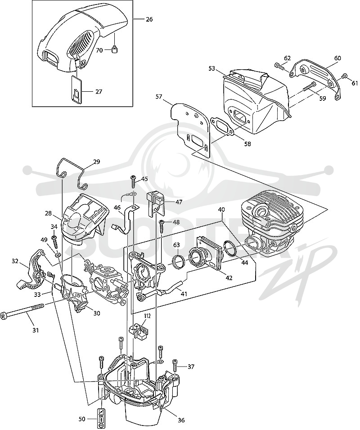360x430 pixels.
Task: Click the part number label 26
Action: coord(149,19)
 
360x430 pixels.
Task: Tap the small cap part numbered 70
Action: coord(115,49)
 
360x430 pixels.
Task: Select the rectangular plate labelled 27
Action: coord(77,90)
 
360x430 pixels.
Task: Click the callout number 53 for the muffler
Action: coord(211,68)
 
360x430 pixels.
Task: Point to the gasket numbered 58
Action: coord(222,126)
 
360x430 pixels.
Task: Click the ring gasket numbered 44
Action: coord(230,248)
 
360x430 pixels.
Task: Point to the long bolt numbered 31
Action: coord(23,311)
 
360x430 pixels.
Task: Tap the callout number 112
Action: coord(147,316)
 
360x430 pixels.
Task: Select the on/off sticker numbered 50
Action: coord(100,419)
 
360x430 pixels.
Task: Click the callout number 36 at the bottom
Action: coord(181,420)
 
